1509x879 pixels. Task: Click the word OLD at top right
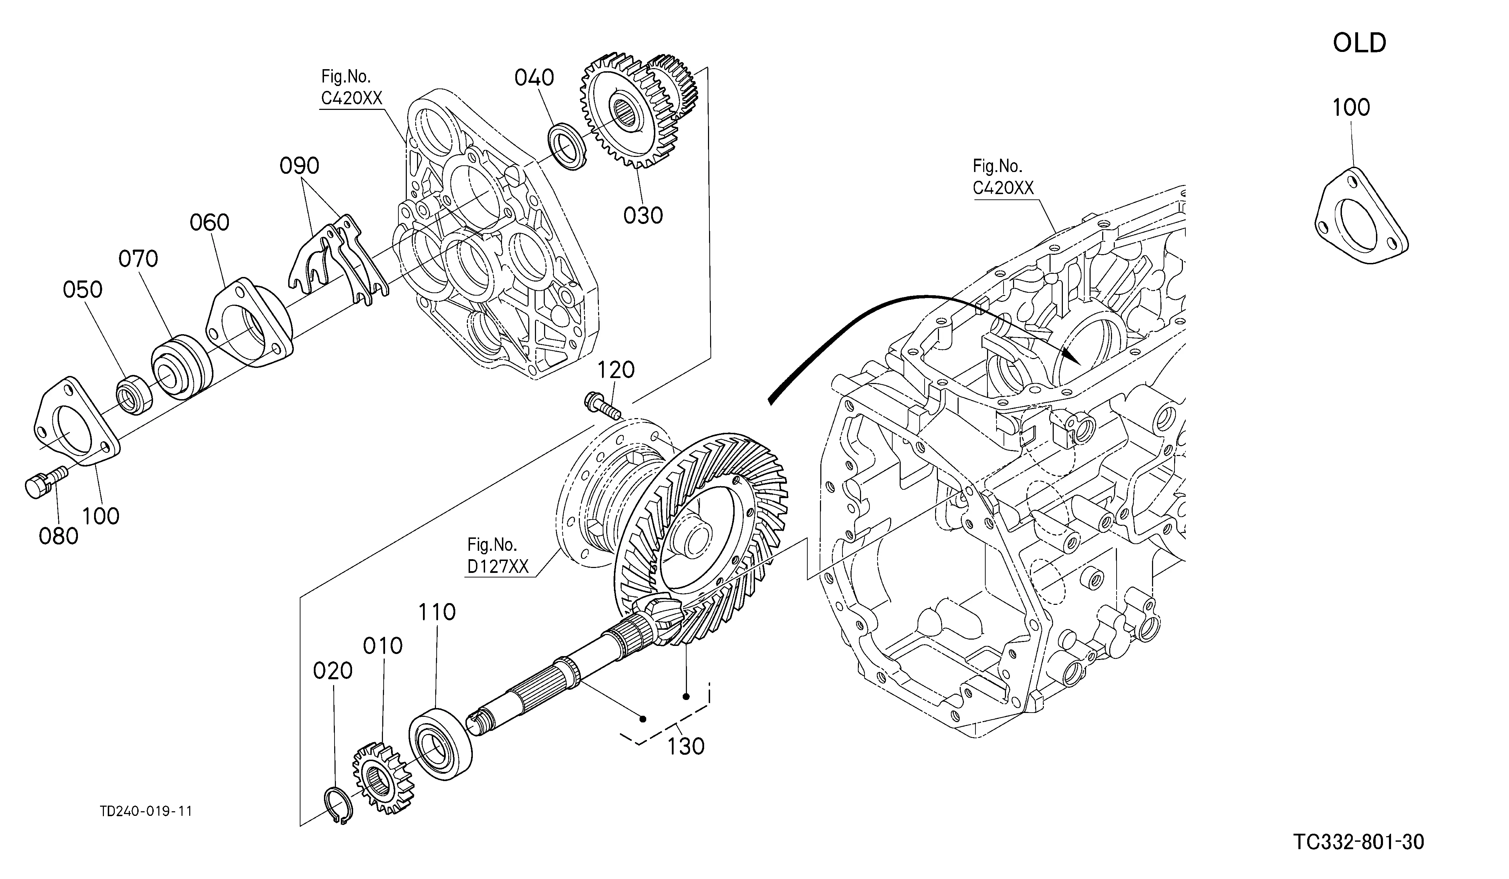(1359, 43)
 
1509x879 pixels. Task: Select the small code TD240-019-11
(146, 811)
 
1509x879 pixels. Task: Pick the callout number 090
(299, 166)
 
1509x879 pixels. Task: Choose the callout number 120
(616, 370)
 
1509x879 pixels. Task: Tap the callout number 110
(437, 612)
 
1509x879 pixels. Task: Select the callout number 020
(333, 670)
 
